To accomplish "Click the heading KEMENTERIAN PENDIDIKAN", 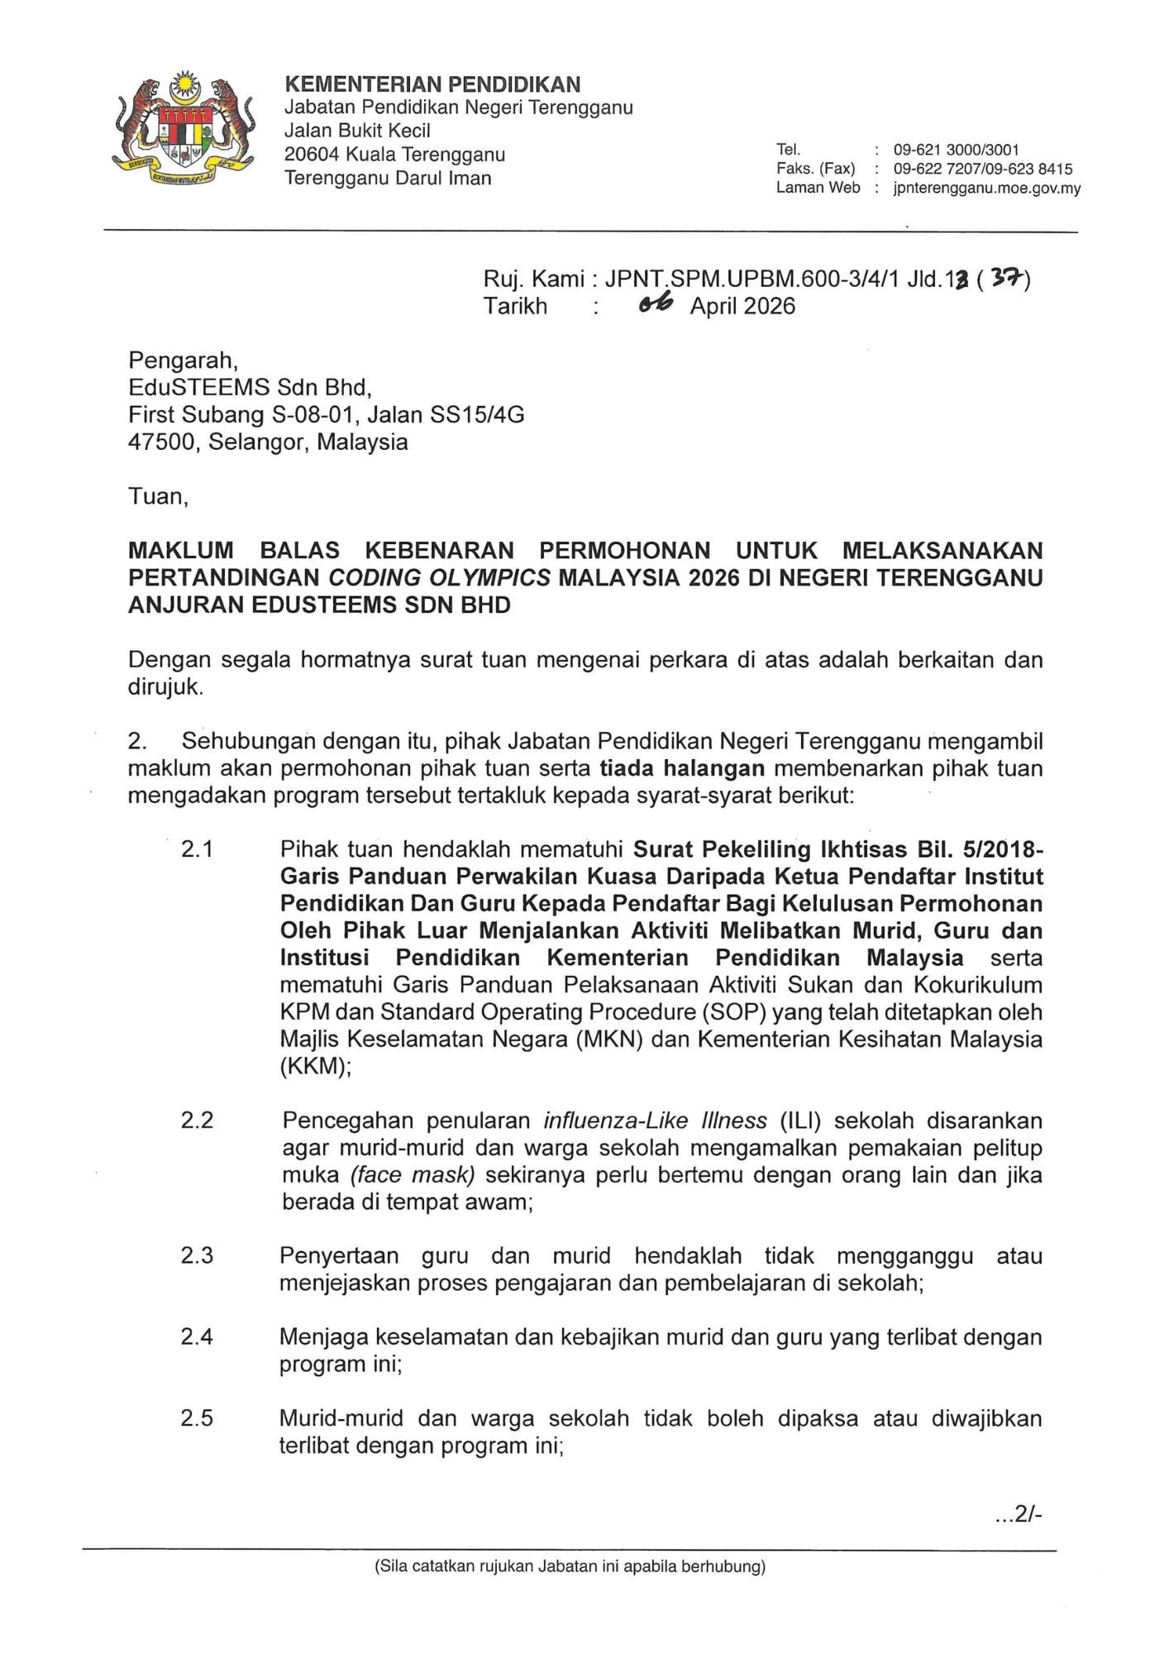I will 432,84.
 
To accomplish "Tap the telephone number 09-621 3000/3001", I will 956,150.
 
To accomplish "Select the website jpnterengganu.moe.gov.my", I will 986,188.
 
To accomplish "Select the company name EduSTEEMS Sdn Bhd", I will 249,387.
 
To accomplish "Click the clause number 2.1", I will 197,849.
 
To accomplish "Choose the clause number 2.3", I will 197,1255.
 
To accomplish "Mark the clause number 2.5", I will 197,1418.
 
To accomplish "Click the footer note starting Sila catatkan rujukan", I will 570,1566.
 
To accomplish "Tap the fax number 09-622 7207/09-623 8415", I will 982,169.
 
